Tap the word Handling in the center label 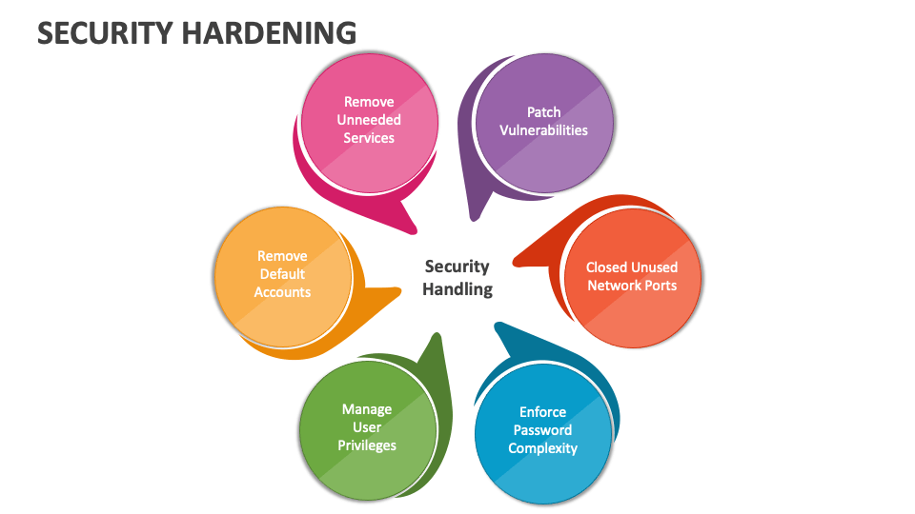pyautogui.click(x=457, y=288)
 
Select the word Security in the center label pyautogui.click(x=457, y=267)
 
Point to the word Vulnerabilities pyautogui.click(x=544, y=130)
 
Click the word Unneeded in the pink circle pyautogui.click(x=369, y=120)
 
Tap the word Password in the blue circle pyautogui.click(x=542, y=430)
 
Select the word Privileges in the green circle pyautogui.click(x=367, y=445)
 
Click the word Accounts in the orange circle pyautogui.click(x=282, y=292)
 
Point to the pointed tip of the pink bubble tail pyautogui.click(x=417, y=232)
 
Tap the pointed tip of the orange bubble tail pyautogui.click(x=400, y=287)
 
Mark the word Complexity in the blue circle pyautogui.click(x=542, y=448)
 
